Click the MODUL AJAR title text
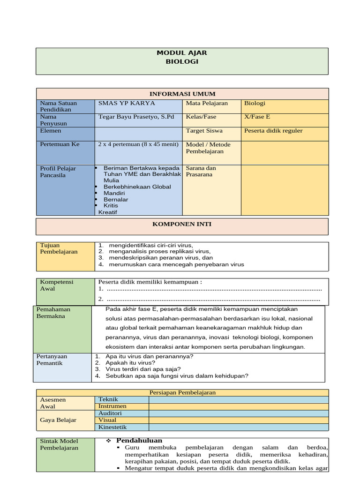coord(182,53)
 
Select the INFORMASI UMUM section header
coord(182,94)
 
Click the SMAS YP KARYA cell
coord(127,104)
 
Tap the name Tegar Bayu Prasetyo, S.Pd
coord(136,117)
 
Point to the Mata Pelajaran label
coord(207,104)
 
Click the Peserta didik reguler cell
coord(273,131)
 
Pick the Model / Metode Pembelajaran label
coord(205,148)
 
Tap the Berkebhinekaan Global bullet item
coord(137,187)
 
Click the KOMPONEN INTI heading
coord(182,225)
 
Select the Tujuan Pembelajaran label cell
coord(59,248)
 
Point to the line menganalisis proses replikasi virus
coord(159,251)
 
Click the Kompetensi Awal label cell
coord(57,285)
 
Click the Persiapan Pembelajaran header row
coord(182,393)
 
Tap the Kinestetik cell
coord(112,427)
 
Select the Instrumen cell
coord(112,406)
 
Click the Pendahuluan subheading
coord(139,441)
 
